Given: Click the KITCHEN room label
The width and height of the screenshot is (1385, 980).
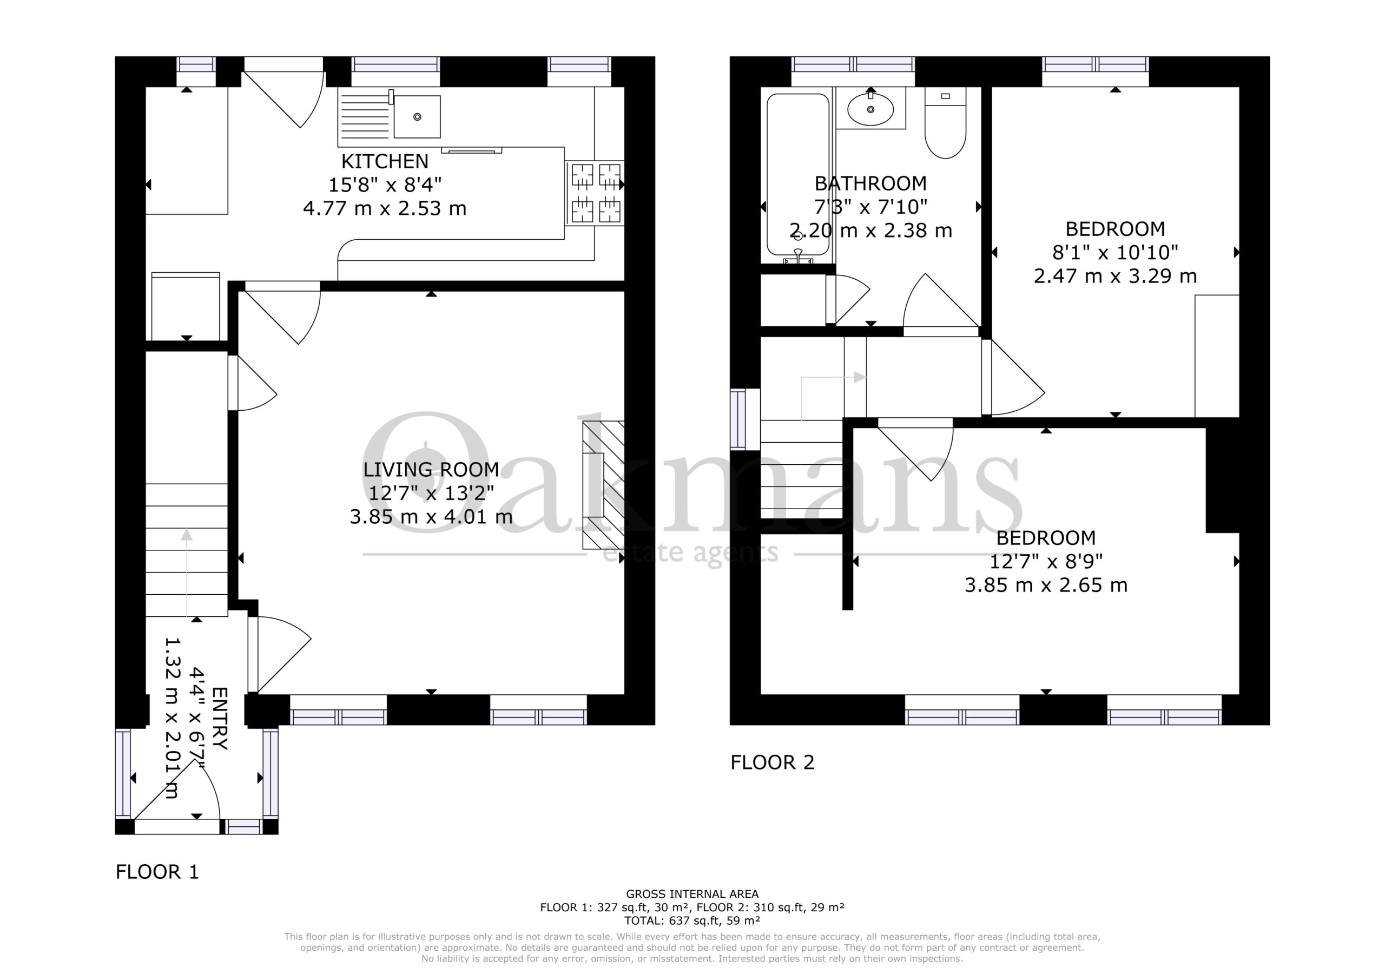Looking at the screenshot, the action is coord(385,161).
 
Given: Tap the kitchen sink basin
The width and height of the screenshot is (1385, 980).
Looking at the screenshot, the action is coord(417,116).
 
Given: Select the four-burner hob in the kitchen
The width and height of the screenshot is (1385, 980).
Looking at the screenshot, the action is coord(595,193).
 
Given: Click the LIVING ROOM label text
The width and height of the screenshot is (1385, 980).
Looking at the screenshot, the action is coord(431,470).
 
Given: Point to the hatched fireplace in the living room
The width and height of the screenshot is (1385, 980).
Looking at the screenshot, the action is coord(603,484).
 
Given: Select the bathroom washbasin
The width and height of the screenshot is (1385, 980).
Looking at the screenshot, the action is coord(870,109).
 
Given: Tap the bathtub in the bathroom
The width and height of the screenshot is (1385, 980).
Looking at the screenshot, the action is coord(797,175).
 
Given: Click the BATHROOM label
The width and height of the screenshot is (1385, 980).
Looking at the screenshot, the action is coord(870,183).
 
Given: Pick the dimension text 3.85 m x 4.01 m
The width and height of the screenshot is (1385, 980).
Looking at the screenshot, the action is coord(431,517).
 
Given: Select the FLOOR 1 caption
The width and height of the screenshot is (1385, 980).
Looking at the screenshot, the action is coord(157,872).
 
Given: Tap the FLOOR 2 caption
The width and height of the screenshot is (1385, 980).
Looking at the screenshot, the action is coord(772,763).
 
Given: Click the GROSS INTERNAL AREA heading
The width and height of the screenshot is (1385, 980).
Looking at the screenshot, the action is coord(692,895).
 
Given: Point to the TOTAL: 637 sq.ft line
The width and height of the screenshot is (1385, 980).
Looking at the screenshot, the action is coord(692,921).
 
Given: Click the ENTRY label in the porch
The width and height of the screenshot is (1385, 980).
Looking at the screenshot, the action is coord(219,719).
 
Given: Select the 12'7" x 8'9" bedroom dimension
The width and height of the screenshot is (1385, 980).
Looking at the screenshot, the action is coord(1046,562).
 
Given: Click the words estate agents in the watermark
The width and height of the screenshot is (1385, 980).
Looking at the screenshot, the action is coord(691,553).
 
